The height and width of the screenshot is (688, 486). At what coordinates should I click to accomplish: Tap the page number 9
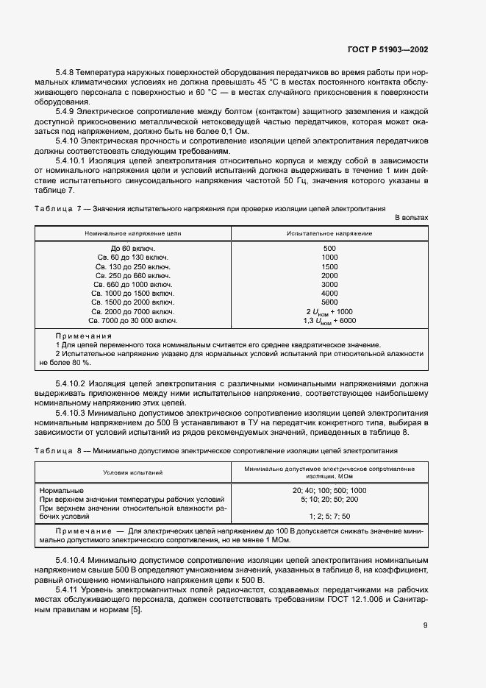tap(425, 625)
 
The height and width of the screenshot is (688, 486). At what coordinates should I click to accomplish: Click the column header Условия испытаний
tap(133, 472)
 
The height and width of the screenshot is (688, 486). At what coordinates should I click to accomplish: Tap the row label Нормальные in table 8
tap(62, 490)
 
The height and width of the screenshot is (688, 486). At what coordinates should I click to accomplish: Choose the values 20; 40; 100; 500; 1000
tap(329, 490)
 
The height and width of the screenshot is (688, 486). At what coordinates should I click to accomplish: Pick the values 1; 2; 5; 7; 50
tap(329, 517)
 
